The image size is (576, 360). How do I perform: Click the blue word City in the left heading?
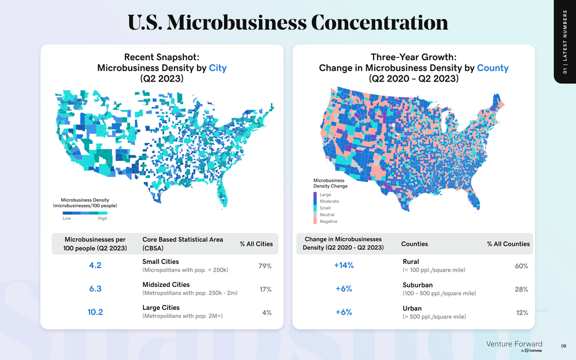pos(218,68)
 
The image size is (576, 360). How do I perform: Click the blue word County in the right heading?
pos(493,68)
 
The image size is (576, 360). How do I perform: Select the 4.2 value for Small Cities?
pos(95,265)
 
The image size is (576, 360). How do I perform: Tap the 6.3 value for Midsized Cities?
pos(95,289)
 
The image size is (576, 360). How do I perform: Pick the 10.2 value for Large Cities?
pos(95,312)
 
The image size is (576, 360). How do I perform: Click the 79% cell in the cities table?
pos(265,266)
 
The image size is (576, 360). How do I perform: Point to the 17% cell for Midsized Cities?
pos(265,289)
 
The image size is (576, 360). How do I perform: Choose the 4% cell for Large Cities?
pos(267,312)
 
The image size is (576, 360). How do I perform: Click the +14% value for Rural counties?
pos(344,265)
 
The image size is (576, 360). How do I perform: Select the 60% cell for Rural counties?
pos(521,266)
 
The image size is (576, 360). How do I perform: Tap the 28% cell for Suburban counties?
pos(521,289)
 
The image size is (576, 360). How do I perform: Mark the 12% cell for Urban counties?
pos(522,312)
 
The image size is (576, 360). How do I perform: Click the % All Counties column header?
pos(508,244)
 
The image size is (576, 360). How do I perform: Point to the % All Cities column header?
pos(256,244)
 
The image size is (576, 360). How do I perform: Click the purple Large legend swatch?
pos(316,195)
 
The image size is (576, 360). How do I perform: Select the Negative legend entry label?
pos(328,221)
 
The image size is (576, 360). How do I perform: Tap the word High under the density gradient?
pos(102,218)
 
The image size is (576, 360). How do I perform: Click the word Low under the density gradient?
pos(67,218)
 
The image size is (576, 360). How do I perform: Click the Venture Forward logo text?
pos(514,344)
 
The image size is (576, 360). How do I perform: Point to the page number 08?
pos(563,345)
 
